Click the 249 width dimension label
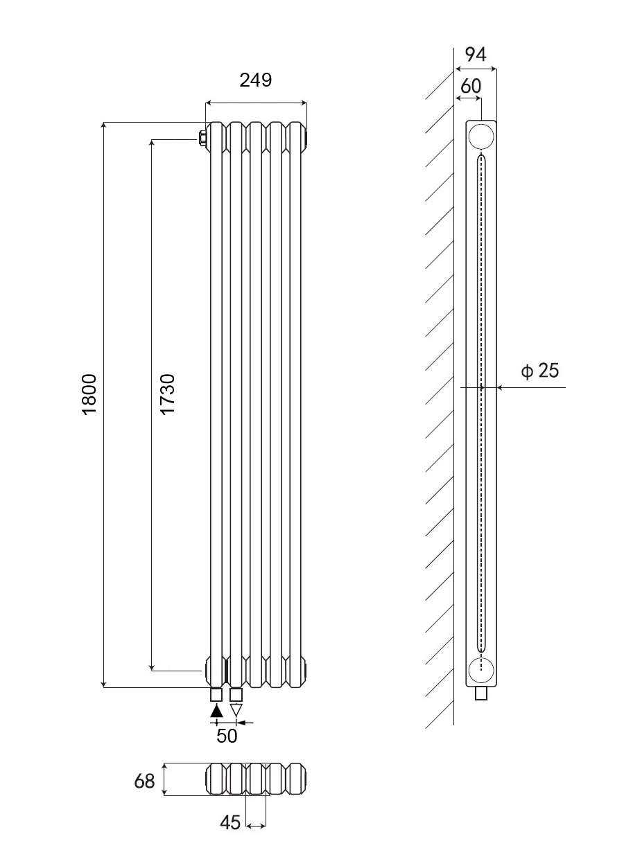pyautogui.click(x=256, y=80)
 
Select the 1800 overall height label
pyautogui.click(x=89, y=394)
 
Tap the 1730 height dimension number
pyautogui.click(x=168, y=394)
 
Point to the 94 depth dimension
pyautogui.click(x=476, y=54)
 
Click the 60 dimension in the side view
pyautogui.click(x=471, y=86)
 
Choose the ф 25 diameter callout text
pyautogui.click(x=540, y=371)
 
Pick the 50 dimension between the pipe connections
pyautogui.click(x=227, y=736)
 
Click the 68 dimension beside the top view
pyautogui.click(x=144, y=781)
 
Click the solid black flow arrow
pyautogui.click(x=216, y=711)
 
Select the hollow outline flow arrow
pyautogui.click(x=236, y=710)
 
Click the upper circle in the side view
pyautogui.click(x=481, y=137)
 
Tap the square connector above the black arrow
pyautogui.click(x=216, y=695)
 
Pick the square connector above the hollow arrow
pyautogui.click(x=236, y=695)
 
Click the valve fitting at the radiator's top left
pyautogui.click(x=202, y=139)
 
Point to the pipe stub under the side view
pyautogui.click(x=481, y=693)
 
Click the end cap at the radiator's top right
pyautogui.click(x=306, y=138)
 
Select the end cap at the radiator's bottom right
pyautogui.click(x=306, y=668)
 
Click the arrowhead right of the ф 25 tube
pyautogui.click(x=499, y=387)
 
